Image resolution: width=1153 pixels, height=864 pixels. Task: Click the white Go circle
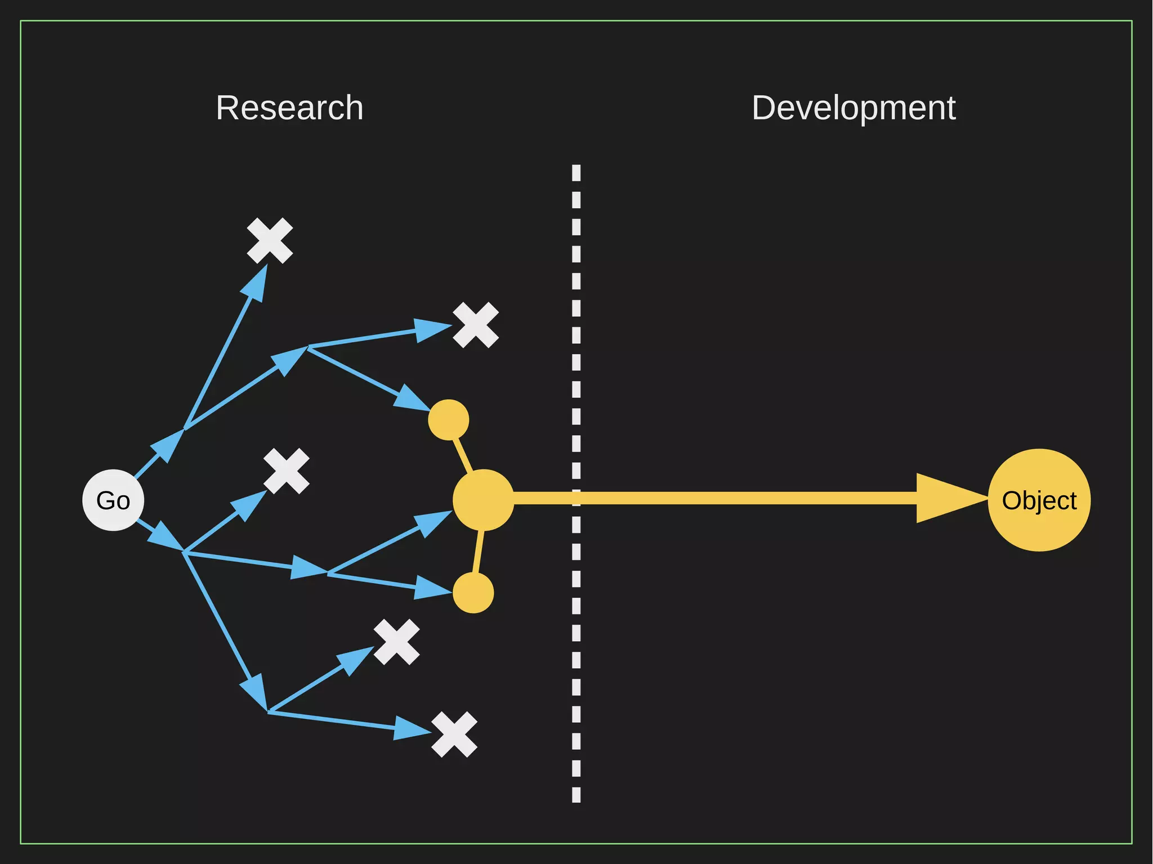tap(113, 500)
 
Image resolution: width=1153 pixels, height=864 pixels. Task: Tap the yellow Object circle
tap(1039, 500)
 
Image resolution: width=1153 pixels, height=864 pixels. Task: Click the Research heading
tap(289, 108)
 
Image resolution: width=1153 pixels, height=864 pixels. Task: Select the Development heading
tap(853, 108)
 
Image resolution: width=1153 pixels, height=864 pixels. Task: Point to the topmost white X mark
tap(270, 240)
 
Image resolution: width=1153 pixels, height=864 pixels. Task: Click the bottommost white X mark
tap(454, 735)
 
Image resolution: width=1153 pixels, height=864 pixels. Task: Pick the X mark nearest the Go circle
tap(287, 471)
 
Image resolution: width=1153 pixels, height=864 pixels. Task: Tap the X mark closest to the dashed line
tap(476, 325)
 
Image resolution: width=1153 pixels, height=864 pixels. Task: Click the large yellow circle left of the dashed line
tap(483, 500)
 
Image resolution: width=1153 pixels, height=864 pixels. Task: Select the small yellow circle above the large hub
tap(448, 420)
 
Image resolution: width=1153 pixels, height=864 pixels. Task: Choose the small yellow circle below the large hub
tap(473, 593)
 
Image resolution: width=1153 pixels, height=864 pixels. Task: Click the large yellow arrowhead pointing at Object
tap(946, 498)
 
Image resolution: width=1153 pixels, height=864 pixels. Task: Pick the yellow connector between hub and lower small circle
tap(479, 552)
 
